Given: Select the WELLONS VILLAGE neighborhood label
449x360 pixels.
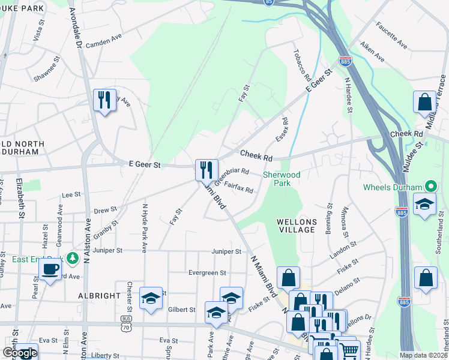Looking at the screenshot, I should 296,226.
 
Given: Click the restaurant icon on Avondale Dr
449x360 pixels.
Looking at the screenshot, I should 105,100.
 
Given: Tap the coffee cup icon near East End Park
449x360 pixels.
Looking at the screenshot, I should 50,269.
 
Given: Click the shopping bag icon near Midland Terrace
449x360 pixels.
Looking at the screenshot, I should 424,102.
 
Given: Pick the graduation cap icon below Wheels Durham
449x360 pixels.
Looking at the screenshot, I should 424,204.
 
